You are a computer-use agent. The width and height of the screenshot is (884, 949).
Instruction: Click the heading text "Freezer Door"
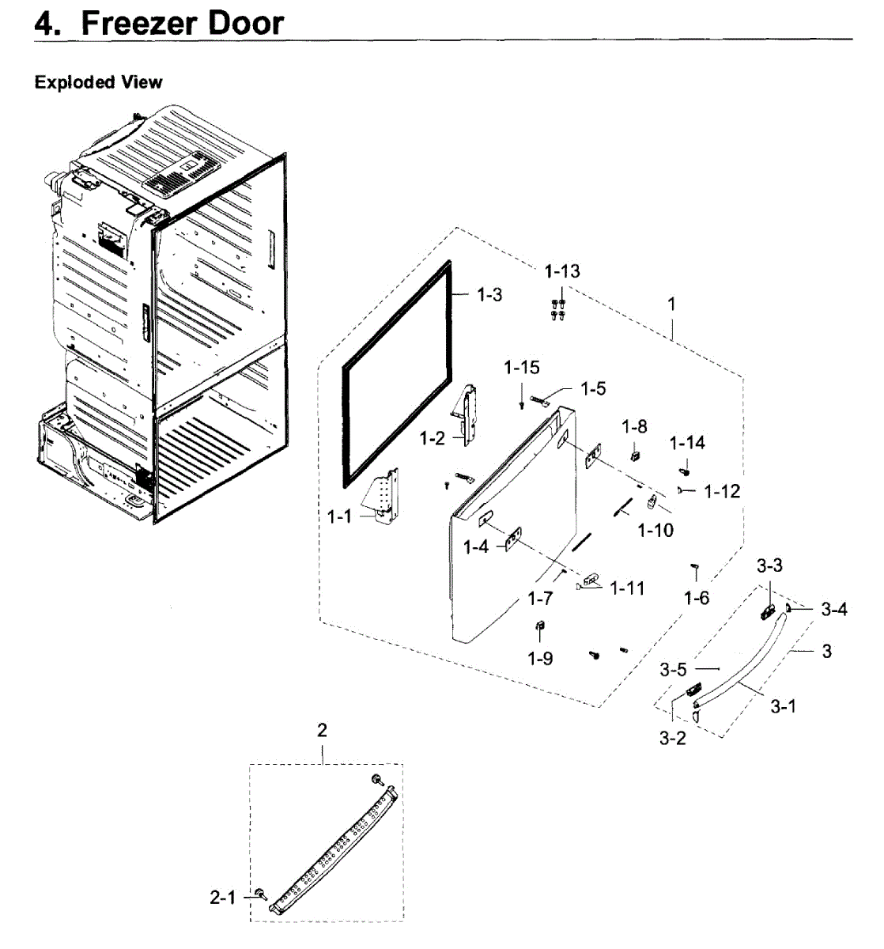[182, 22]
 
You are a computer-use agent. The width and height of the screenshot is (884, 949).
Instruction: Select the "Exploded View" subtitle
[98, 82]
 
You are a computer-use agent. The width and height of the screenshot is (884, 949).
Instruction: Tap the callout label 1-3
[489, 294]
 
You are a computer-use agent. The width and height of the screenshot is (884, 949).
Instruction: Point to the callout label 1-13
[562, 271]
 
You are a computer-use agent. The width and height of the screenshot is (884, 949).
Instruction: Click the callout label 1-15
[522, 367]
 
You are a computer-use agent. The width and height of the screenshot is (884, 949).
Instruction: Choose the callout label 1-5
[593, 388]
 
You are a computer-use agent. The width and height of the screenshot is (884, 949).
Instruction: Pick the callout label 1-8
[634, 427]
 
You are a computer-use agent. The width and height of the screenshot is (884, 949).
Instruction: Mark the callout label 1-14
[688, 443]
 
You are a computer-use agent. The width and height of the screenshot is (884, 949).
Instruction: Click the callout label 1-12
[722, 491]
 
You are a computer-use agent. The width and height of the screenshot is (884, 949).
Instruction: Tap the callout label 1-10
[656, 529]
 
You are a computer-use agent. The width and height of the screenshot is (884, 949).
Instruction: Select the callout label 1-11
[627, 588]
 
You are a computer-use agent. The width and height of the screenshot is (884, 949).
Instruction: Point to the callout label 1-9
[541, 658]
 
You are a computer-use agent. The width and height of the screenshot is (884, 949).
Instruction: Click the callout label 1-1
[339, 516]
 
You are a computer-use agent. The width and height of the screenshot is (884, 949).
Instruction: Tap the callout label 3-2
[673, 739]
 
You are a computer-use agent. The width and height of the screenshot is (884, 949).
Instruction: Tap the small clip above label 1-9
[540, 628]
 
